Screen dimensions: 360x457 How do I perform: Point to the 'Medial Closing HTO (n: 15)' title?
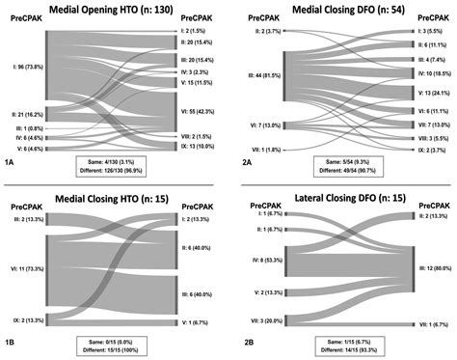click(114, 199)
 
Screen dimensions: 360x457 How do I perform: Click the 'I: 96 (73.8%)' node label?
click(20, 69)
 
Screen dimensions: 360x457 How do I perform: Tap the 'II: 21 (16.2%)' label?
click(20, 114)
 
